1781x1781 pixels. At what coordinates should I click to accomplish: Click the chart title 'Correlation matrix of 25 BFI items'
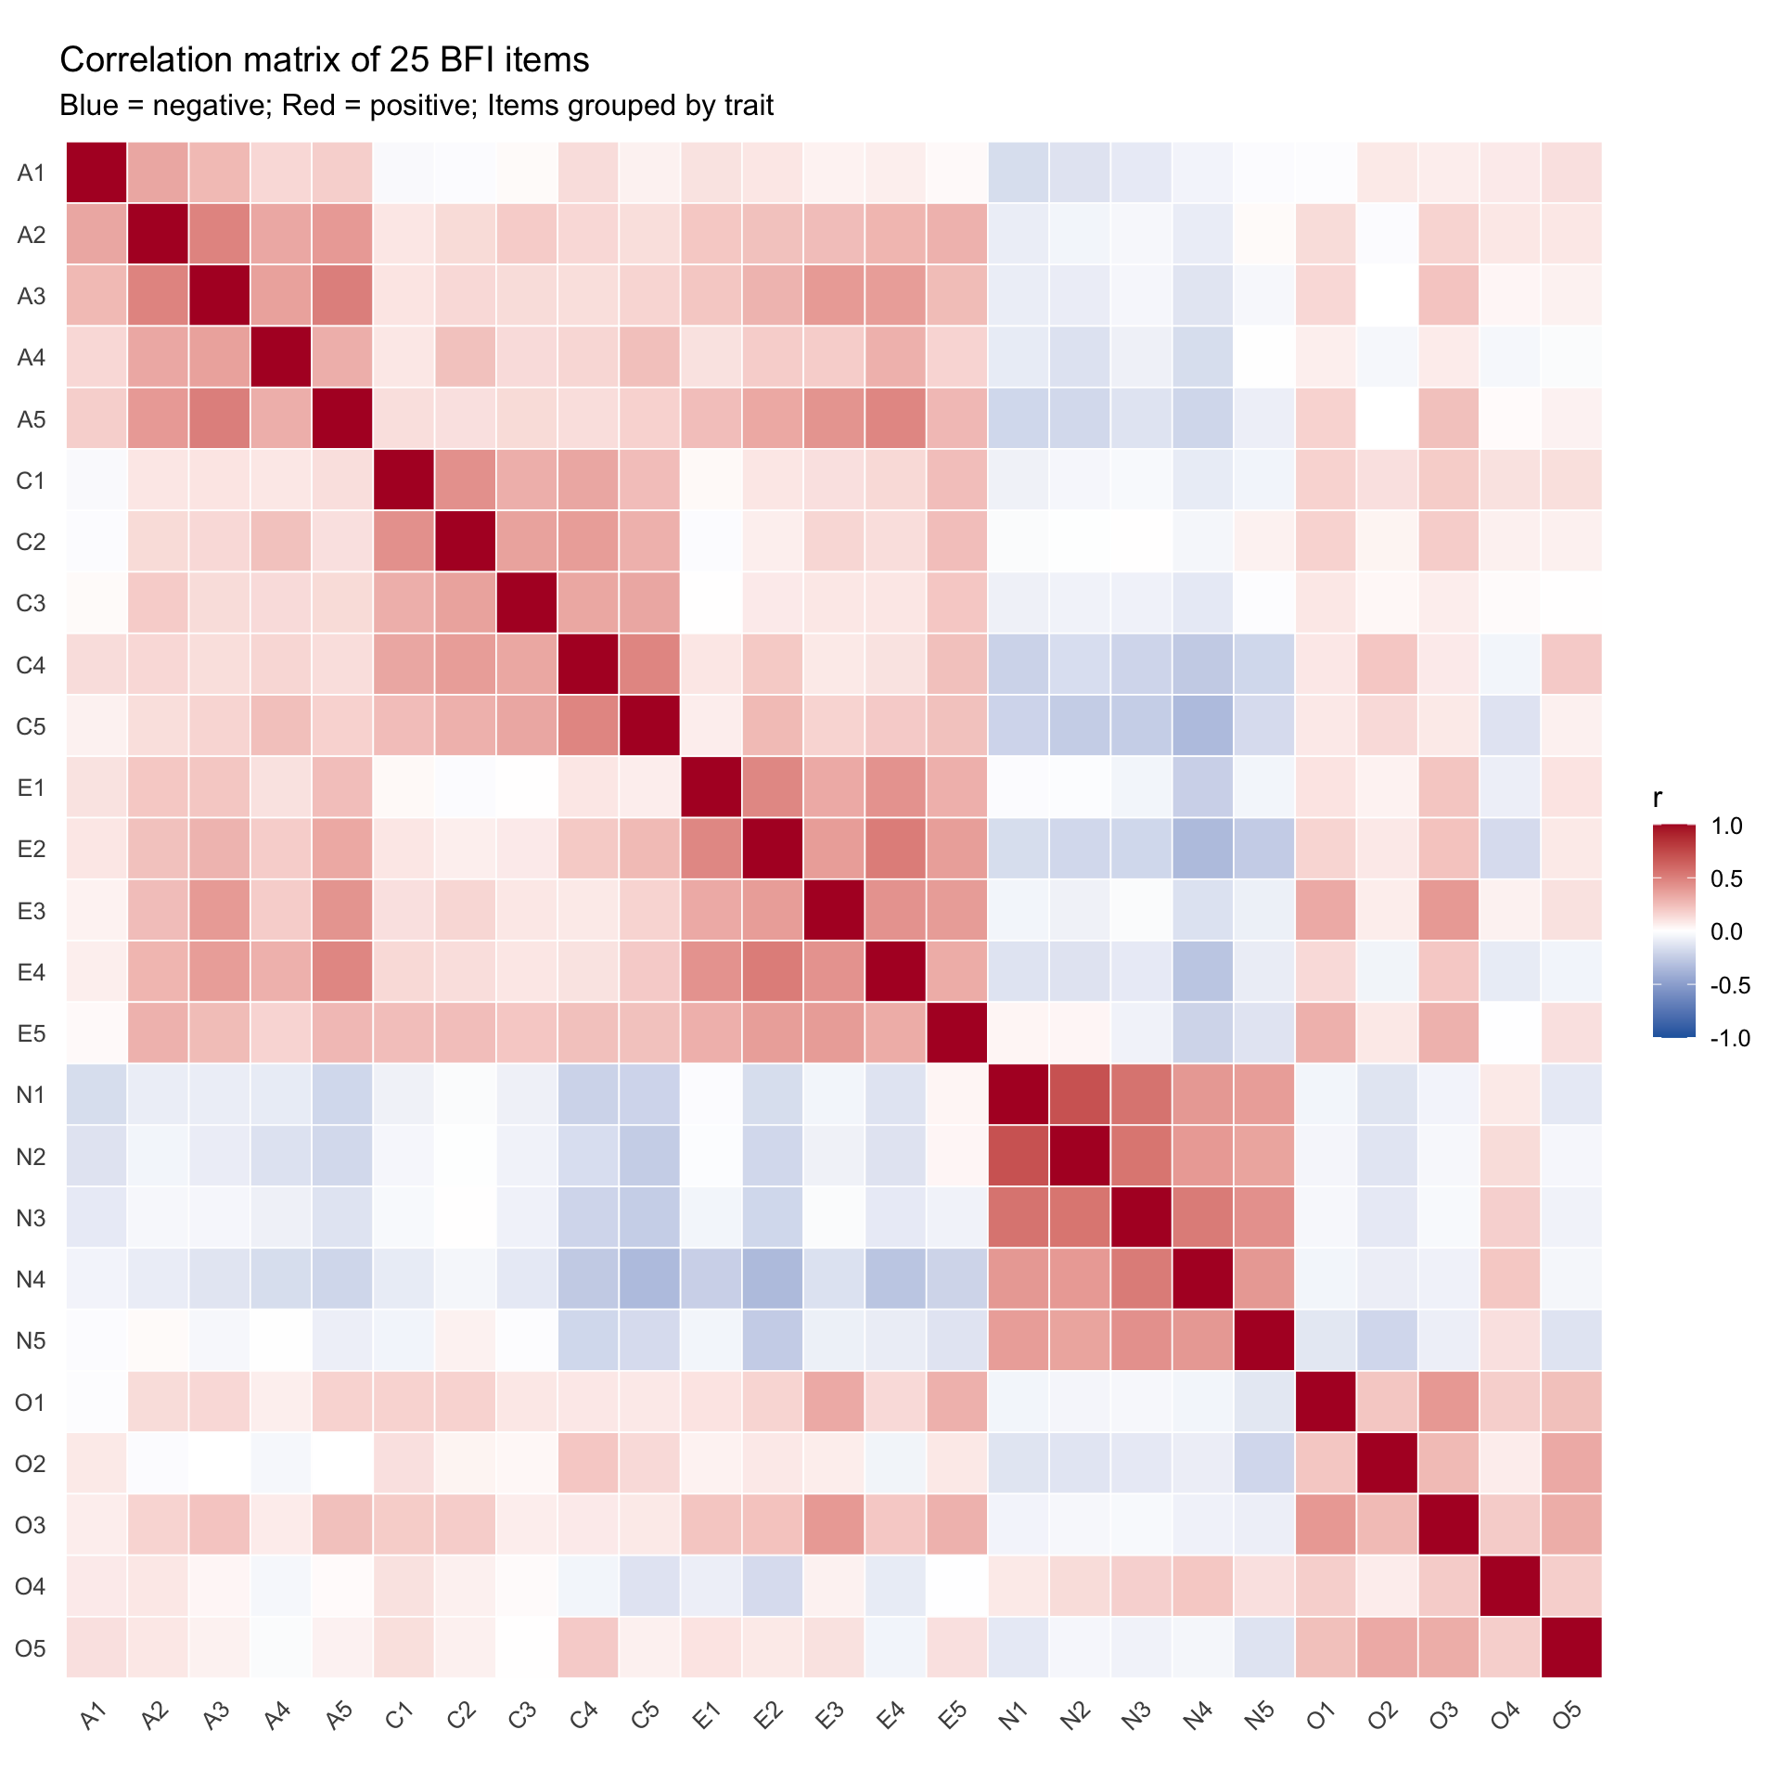(x=324, y=60)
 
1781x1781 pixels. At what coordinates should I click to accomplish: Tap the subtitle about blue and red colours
(x=416, y=106)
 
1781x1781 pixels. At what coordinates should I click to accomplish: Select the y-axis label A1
(x=32, y=173)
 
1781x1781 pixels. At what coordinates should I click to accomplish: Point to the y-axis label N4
(x=32, y=1279)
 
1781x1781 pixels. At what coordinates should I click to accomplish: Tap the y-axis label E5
(x=32, y=1033)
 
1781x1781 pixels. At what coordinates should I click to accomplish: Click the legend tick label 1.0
(x=1726, y=826)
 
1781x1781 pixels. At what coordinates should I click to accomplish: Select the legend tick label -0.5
(x=1729, y=985)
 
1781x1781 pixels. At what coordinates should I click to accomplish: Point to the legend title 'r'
(x=1658, y=798)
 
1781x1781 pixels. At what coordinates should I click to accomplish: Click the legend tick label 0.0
(x=1726, y=931)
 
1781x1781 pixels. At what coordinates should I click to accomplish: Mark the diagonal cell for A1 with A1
(x=96, y=173)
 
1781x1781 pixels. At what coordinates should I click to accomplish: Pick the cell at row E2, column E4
(x=895, y=849)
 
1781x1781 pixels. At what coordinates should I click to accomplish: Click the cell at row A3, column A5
(x=342, y=296)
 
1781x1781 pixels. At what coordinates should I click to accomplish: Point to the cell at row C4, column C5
(x=649, y=665)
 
